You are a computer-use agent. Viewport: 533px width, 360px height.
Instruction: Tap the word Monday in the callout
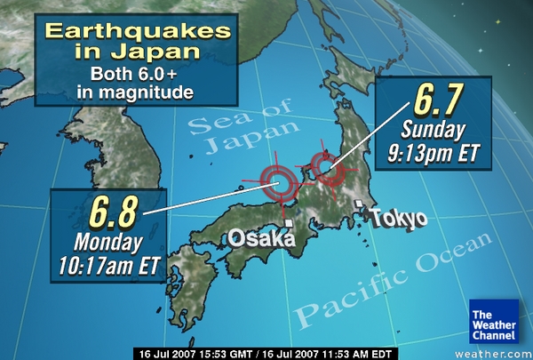coord(107,241)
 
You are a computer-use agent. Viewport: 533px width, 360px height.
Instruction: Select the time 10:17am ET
coord(108,263)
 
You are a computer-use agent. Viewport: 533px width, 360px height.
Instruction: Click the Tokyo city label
coord(399,219)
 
